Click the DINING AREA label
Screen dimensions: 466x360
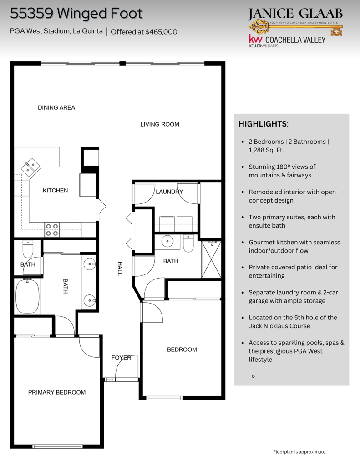pyautogui.click(x=56, y=108)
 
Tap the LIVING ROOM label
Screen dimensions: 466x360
pyautogui.click(x=160, y=124)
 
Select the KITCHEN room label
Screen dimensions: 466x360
pyautogui.click(x=56, y=191)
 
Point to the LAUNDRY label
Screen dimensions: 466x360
pyautogui.click(x=169, y=192)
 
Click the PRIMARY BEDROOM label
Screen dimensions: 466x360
pyautogui.click(x=57, y=392)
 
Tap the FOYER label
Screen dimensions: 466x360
pyautogui.click(x=122, y=358)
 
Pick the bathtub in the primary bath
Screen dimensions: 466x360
pyautogui.click(x=28, y=296)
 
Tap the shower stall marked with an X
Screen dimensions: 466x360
pyautogui.click(x=212, y=259)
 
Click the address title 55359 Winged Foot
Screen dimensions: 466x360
pyautogui.click(x=76, y=14)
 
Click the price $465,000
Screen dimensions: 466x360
pyautogui.click(x=161, y=32)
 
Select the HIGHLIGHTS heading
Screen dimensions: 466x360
pyautogui.click(x=263, y=124)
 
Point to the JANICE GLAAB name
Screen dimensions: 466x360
pyautogui.click(x=295, y=14)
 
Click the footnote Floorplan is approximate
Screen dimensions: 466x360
pyautogui.click(x=299, y=452)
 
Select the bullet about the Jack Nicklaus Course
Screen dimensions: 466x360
pyautogui.click(x=293, y=322)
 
